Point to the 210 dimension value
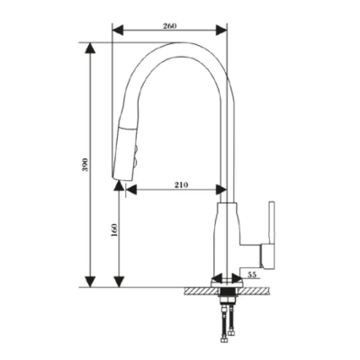[x=179, y=184]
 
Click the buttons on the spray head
[x=134, y=148]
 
